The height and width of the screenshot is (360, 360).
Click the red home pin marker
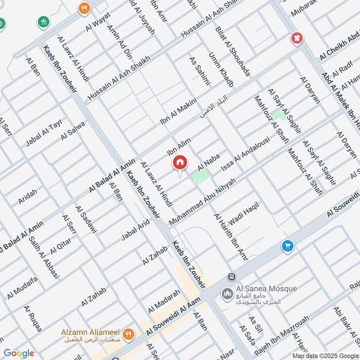180,163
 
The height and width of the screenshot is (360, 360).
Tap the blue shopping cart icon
287,246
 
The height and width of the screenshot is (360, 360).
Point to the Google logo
18,353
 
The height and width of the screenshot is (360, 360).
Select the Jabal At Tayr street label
44,134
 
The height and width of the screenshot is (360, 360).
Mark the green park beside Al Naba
200,176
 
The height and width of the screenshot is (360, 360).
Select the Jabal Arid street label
135,230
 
